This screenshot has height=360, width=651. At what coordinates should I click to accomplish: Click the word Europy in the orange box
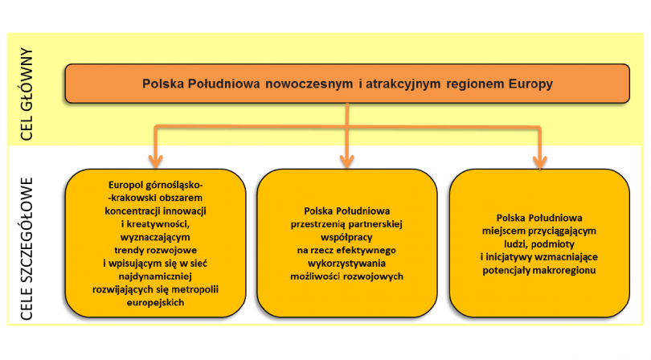(x=531, y=84)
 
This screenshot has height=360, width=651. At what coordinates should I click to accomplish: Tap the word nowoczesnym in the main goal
(x=309, y=84)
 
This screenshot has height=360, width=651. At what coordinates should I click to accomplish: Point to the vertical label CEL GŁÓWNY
(x=27, y=94)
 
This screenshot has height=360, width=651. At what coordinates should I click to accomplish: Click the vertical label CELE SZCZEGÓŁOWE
(x=27, y=249)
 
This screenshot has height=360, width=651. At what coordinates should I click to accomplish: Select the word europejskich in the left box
(x=155, y=302)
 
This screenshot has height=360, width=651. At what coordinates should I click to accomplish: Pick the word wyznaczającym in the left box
(x=155, y=237)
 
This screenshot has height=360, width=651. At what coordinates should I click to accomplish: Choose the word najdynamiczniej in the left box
(x=155, y=276)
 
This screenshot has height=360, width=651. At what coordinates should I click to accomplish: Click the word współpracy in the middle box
(x=346, y=237)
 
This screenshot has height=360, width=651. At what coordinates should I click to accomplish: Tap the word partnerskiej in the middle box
(x=375, y=224)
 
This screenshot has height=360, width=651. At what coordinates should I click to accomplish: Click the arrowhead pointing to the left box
(x=156, y=162)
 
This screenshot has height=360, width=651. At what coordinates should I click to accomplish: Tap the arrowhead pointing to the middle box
(x=347, y=162)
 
